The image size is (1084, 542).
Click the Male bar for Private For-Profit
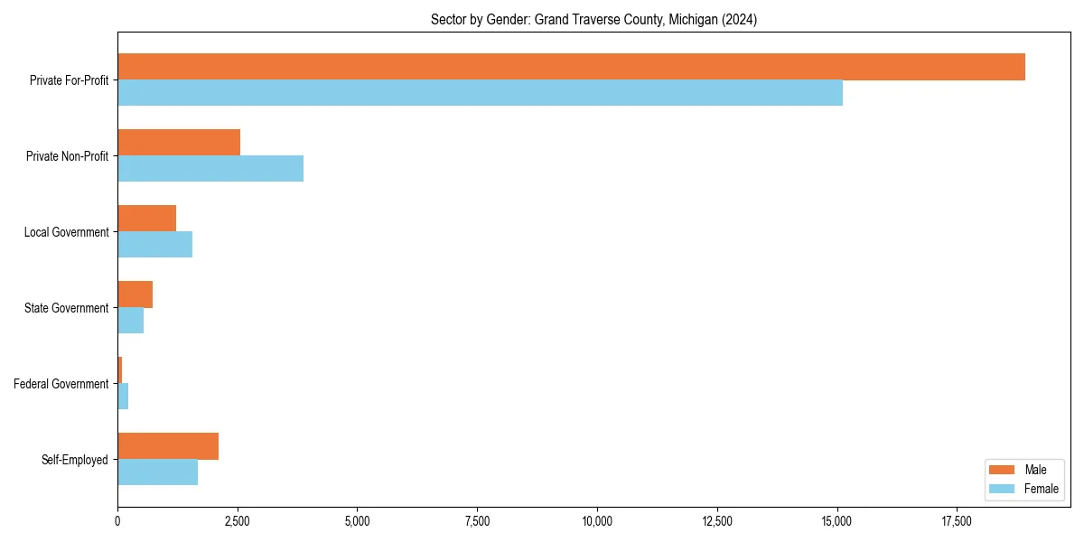coord(571,67)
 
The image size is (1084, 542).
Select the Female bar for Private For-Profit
coord(480,93)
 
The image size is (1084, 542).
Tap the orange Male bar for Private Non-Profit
coord(179,143)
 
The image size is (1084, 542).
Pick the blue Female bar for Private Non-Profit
coord(210,169)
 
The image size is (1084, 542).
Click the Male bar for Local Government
coord(146,219)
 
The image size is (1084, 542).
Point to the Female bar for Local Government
coord(154,245)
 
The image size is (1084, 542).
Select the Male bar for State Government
coord(135,294)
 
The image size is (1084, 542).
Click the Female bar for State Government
coord(130,321)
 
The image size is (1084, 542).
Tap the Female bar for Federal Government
coord(123,397)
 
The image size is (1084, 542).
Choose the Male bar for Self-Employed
coord(168,446)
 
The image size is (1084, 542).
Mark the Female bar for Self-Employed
coord(157,472)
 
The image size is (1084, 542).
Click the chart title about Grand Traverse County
coord(593,19)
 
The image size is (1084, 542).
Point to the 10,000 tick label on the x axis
coord(597,521)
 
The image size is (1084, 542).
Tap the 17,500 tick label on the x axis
coord(957,521)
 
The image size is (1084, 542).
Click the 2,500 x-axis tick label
coord(238,521)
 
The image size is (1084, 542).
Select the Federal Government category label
coord(61,384)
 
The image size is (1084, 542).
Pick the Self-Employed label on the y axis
coord(75,460)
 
